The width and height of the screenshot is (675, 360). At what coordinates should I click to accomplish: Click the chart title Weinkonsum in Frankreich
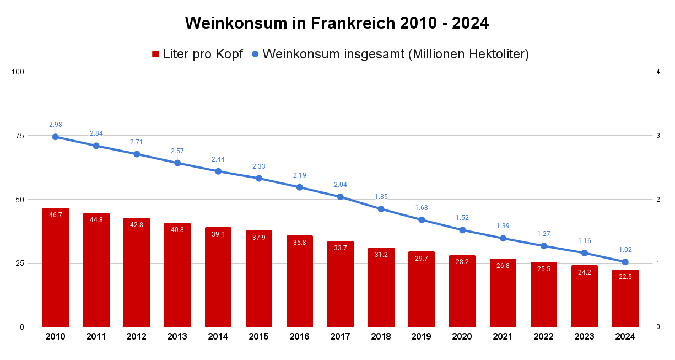point(337,23)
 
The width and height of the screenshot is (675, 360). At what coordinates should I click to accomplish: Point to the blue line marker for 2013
point(177,163)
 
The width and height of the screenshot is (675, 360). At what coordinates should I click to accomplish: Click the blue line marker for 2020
point(462,230)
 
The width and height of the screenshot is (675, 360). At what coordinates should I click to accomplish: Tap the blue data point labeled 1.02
point(625,262)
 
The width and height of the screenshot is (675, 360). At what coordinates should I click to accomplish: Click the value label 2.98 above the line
point(56,125)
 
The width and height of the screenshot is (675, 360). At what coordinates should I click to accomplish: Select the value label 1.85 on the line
point(381,197)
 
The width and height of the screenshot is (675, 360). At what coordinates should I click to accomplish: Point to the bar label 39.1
point(218,234)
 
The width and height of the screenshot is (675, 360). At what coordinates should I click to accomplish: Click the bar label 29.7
point(422,259)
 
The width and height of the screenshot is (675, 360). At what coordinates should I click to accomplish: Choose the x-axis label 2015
point(259,337)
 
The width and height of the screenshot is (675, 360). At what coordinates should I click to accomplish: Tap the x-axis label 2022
point(543,337)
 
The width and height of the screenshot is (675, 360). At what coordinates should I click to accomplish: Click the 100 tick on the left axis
point(18,72)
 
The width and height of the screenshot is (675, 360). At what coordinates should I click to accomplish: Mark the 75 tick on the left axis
point(20,136)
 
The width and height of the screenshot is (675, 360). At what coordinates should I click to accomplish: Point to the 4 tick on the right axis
point(658,72)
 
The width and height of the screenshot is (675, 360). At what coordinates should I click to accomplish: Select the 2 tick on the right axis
point(658,200)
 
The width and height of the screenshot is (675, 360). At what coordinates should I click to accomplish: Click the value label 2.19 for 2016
point(300,175)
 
